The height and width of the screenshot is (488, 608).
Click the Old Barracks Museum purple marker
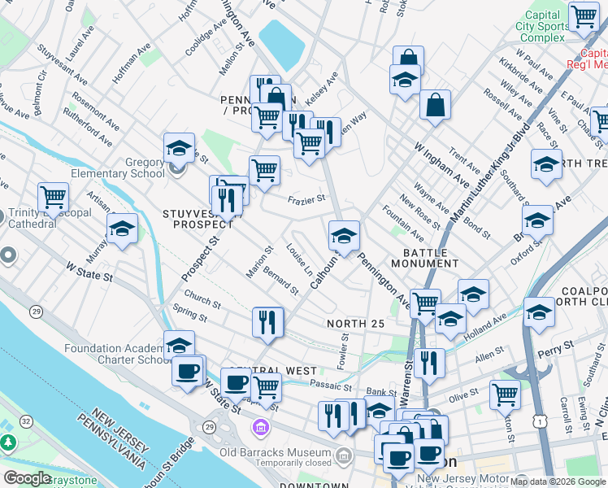pyautogui.click(x=261, y=426)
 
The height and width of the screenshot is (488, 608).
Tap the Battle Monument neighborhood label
pyautogui.click(x=424, y=256)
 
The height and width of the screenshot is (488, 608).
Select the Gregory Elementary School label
pyautogui.click(x=123, y=168)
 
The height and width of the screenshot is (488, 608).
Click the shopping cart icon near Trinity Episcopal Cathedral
pyautogui.click(x=53, y=197)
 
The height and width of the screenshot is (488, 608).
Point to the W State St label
pyautogui.click(x=89, y=271)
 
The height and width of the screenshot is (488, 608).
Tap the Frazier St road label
pyautogui.click(x=307, y=198)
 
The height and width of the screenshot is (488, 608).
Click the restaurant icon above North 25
pyautogui.click(x=267, y=322)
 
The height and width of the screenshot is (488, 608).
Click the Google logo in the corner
pyautogui.click(x=27, y=477)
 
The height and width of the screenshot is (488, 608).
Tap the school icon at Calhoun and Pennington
pyautogui.click(x=344, y=237)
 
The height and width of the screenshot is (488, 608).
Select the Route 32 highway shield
pyautogui.click(x=26, y=420)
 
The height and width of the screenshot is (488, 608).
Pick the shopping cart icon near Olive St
pyautogui.click(x=505, y=394)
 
